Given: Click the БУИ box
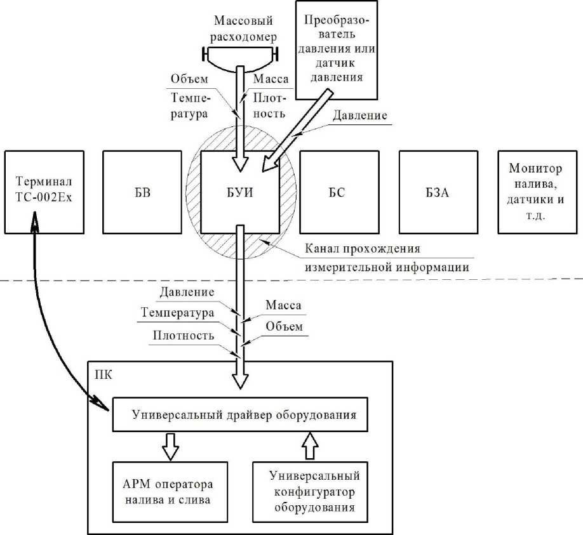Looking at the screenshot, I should pyautogui.click(x=239, y=192).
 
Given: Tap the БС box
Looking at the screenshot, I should pyautogui.click(x=338, y=192).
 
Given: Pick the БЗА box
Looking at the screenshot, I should pyautogui.click(x=438, y=192).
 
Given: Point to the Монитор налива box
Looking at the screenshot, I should pyautogui.click(x=537, y=192).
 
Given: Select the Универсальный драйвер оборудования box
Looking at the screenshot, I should pyautogui.click(x=243, y=416).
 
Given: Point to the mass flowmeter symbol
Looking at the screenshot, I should pyautogui.click(x=239, y=57).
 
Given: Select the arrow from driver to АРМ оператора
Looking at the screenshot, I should pyautogui.click(x=170, y=447).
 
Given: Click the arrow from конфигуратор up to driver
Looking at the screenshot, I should pyautogui.click(x=310, y=446).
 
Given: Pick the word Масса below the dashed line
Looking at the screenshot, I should pyautogui.click(x=283, y=306).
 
